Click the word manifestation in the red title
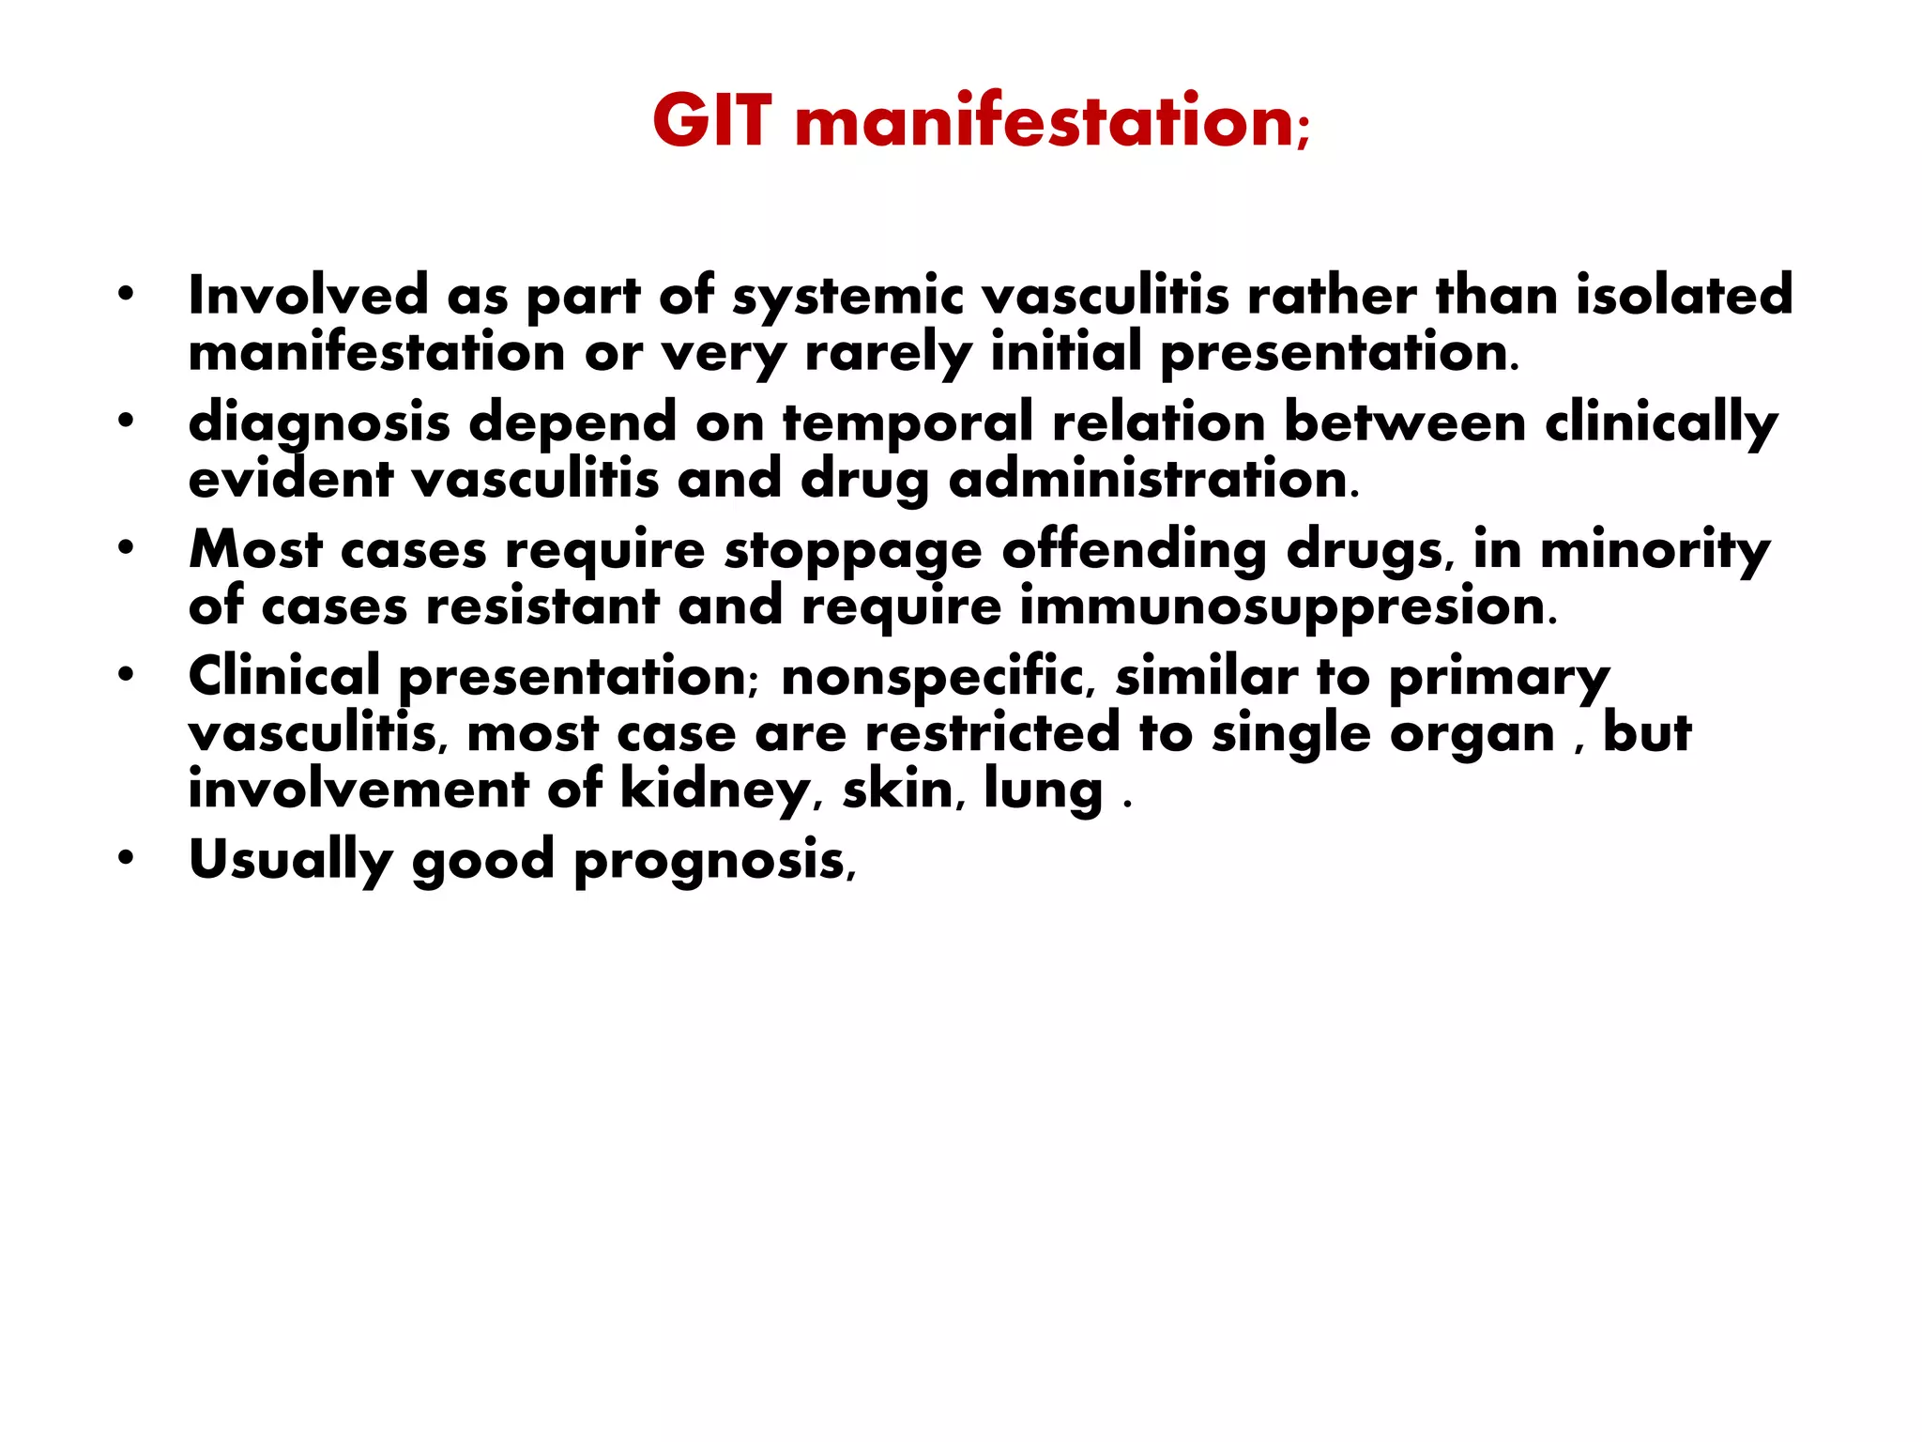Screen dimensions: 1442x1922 (1045, 122)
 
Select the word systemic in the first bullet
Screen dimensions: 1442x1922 (847, 297)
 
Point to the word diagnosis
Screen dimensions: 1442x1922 (319, 423)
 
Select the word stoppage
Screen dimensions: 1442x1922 (852, 551)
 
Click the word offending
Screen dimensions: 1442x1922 (1134, 550)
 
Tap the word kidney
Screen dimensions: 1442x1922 (714, 790)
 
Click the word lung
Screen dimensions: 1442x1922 (1043, 790)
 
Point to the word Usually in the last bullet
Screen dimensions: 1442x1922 (290, 861)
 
